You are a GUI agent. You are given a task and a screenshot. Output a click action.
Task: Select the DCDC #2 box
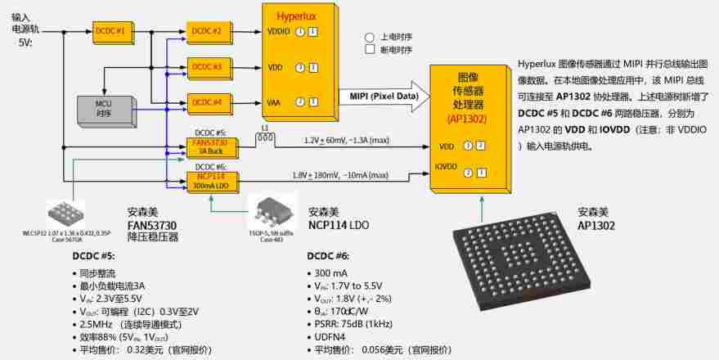208,31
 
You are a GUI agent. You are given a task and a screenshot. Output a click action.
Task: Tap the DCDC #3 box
208,66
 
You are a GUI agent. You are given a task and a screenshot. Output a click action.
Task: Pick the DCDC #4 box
208,102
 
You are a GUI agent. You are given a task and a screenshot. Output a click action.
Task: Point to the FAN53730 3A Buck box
213,147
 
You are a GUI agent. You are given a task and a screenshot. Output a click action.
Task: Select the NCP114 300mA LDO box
213,180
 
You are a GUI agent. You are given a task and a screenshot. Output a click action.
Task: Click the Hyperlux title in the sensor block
294,16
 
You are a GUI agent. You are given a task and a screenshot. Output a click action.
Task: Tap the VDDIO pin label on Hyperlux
279,32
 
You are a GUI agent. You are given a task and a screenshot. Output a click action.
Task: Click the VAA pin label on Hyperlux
275,102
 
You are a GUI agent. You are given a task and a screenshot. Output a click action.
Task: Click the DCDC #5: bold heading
97,255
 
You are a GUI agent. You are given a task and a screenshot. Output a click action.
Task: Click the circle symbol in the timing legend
370,38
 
